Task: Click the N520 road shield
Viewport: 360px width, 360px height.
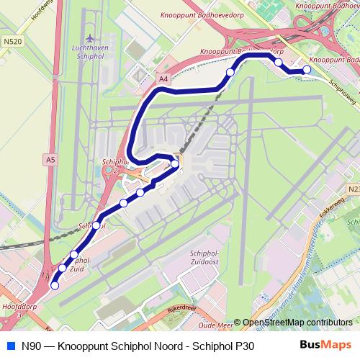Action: pyautogui.click(x=12, y=42)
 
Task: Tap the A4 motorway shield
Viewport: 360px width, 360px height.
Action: pyautogui.click(x=164, y=78)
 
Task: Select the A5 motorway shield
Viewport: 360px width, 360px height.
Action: pyautogui.click(x=50, y=158)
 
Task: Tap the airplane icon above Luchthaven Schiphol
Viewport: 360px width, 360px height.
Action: pyautogui.click(x=89, y=38)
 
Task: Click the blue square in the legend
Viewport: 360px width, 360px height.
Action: pyautogui.click(x=9, y=346)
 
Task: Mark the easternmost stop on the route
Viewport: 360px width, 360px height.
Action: pyautogui.click(x=307, y=69)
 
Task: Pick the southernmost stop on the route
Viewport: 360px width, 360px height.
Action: pyautogui.click(x=54, y=285)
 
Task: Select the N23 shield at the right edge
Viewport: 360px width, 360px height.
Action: pyautogui.click(x=353, y=189)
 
